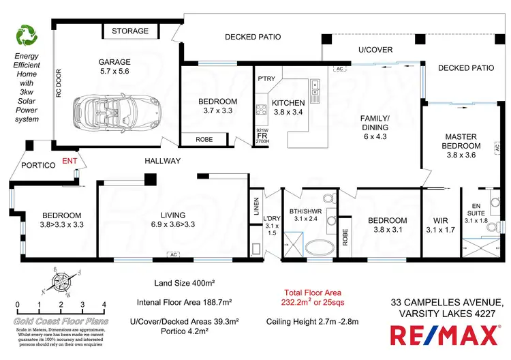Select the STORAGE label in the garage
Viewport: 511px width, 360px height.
pos(130,31)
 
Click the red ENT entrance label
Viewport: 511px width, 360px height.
pos(69,161)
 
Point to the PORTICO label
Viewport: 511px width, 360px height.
pos(33,164)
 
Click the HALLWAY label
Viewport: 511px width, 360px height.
pos(162,161)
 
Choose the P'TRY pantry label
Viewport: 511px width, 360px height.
pos(265,78)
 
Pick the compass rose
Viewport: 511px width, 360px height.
pos(62,281)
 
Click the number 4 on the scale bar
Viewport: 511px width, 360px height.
pos(104,304)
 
